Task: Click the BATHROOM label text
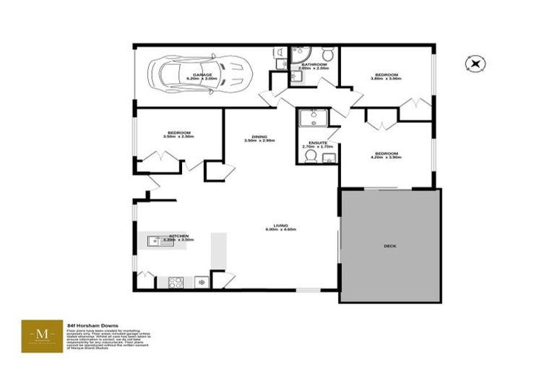pos(314,64)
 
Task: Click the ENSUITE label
pos(318,142)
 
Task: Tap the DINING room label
pos(259,137)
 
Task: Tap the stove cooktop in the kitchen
pos(176,283)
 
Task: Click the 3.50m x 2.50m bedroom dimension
pos(179,137)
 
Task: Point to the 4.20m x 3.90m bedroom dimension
pos(386,158)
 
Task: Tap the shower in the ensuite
pos(314,118)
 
